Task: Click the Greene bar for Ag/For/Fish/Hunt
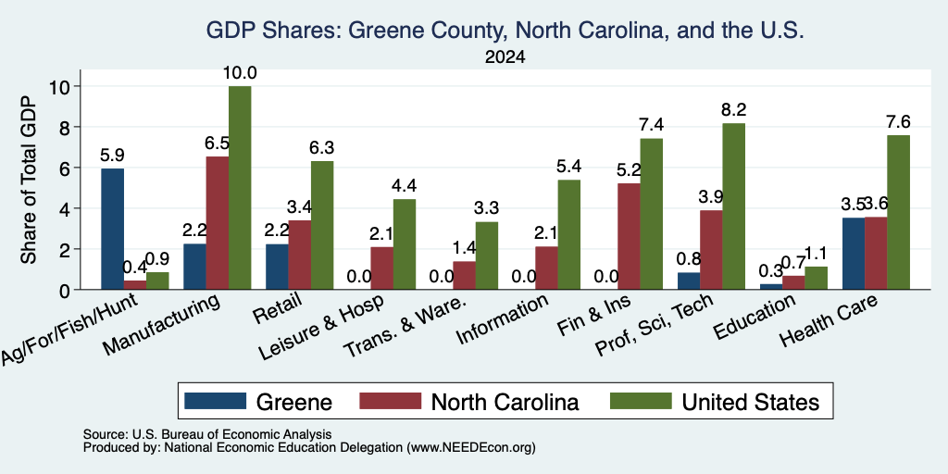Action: click(112, 230)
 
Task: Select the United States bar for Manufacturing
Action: click(240, 188)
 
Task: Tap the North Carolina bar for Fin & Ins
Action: click(629, 236)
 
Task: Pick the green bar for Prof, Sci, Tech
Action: click(733, 206)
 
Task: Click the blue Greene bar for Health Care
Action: click(853, 254)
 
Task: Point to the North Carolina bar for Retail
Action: click(300, 256)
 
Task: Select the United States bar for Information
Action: click(569, 234)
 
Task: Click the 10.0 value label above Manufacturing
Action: click(240, 73)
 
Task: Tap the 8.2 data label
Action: click(734, 110)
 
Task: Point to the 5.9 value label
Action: click(112, 156)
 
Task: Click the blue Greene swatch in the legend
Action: click(215, 401)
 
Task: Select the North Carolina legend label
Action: click(505, 402)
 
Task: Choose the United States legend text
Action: click(750, 402)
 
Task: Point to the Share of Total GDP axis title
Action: click(29, 180)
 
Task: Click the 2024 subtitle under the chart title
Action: click(505, 57)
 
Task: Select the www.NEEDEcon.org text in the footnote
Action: click(471, 448)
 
